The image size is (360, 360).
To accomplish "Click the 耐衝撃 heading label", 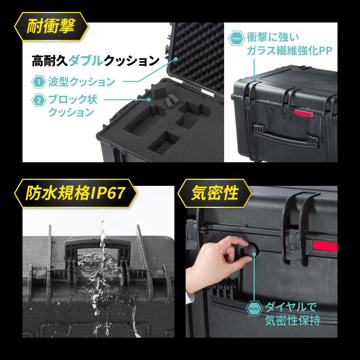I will pyautogui.click(x=50, y=27).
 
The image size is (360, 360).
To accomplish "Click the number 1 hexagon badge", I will pyautogui.click(x=39, y=82).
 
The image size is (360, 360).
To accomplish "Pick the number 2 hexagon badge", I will pyautogui.click(x=39, y=100).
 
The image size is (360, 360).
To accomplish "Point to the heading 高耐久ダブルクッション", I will pyautogui.click(x=96, y=60).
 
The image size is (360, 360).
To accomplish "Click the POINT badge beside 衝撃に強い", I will pyautogui.click(x=237, y=38).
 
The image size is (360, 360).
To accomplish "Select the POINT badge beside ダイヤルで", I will pyautogui.click(x=254, y=309).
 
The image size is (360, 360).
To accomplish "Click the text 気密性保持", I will pyautogui.click(x=292, y=321).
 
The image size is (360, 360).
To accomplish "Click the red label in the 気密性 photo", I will pyautogui.click(x=324, y=246).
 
